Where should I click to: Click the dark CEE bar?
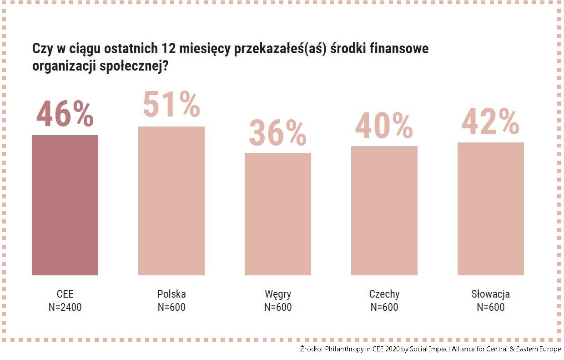[x=65, y=205]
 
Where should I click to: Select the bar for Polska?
[x=171, y=201]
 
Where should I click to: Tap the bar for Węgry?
[x=278, y=214]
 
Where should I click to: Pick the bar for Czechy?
[x=384, y=210]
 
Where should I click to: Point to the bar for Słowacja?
[x=491, y=208]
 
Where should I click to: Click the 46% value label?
[x=65, y=115]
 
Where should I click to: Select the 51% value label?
[x=171, y=105]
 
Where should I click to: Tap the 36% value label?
[x=278, y=133]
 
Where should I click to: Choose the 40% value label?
[x=384, y=126]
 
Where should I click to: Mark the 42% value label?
[x=491, y=122]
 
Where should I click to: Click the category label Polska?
[x=171, y=294]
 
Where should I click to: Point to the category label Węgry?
[x=278, y=294]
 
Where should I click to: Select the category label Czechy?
[x=384, y=294]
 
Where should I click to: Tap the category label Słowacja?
[x=491, y=294]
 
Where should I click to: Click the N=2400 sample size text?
[x=65, y=307]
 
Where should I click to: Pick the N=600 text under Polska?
[x=171, y=307]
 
